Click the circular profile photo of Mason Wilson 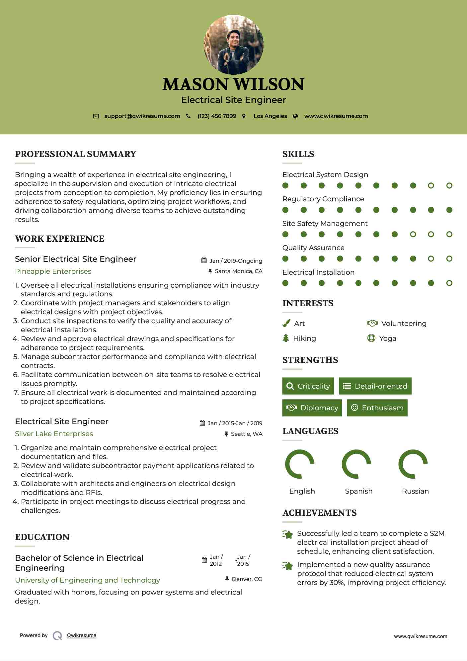(x=233, y=45)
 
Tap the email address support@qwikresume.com (x=142, y=116)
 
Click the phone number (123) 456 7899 (x=217, y=116)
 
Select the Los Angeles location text (x=270, y=116)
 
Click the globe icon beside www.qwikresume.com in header (x=295, y=116)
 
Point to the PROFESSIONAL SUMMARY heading (x=76, y=154)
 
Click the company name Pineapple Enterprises (x=53, y=271)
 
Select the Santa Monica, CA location (x=238, y=271)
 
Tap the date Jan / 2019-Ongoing (x=235, y=261)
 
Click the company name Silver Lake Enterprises (x=54, y=434)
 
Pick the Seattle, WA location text (x=246, y=434)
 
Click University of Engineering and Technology (x=87, y=580)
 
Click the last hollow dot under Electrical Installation (x=449, y=283)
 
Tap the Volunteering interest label (x=404, y=324)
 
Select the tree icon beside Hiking (x=286, y=338)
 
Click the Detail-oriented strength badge (x=375, y=386)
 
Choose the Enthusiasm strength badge (x=377, y=408)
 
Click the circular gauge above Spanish (x=356, y=464)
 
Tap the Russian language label (x=415, y=491)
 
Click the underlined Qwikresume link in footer (x=82, y=635)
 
